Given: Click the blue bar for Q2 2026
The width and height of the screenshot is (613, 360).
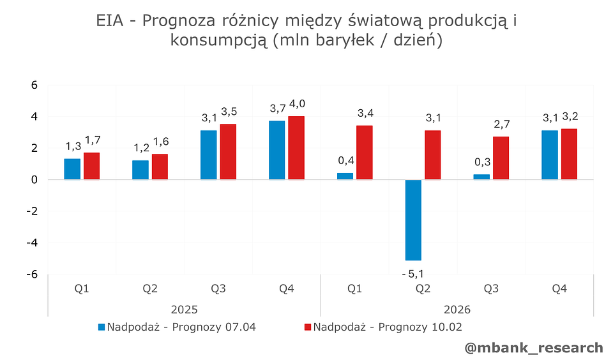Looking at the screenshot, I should (413, 220).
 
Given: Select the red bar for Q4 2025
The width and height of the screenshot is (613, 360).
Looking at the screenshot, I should (296, 148).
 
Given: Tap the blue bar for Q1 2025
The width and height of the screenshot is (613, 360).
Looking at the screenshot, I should (72, 169).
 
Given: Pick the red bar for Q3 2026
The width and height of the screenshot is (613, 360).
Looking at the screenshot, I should (501, 158).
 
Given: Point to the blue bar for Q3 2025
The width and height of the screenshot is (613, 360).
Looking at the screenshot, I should (209, 155).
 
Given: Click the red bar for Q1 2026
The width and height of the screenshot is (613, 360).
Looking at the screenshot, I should (365, 153).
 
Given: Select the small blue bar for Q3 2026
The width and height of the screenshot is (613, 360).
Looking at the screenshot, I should (481, 177).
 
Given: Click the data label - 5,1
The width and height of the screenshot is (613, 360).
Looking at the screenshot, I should (412, 274).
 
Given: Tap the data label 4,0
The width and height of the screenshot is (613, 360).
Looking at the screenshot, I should (297, 104).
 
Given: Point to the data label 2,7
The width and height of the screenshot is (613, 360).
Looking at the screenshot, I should (501, 124).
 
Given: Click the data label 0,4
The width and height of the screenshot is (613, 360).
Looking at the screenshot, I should (345, 160).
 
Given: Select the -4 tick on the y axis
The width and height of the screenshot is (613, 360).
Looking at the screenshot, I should (34, 243).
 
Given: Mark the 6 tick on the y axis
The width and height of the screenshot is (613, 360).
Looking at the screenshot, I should (35, 85).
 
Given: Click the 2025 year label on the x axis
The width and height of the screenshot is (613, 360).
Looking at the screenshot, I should (184, 310).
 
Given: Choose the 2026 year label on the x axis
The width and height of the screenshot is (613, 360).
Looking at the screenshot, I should (457, 310).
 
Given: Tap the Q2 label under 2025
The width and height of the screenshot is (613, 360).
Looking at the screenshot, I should (150, 289).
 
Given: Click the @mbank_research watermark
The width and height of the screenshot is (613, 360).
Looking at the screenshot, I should (534, 348).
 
